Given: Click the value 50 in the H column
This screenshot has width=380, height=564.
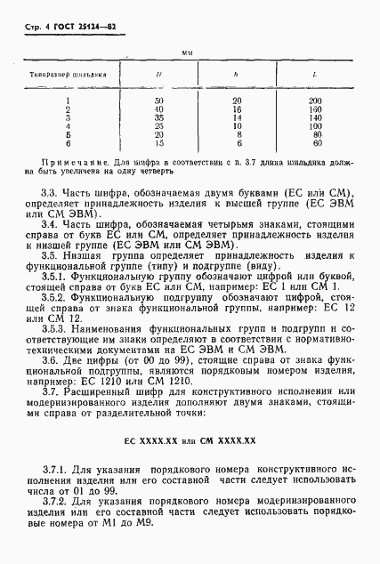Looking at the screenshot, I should tap(158, 101).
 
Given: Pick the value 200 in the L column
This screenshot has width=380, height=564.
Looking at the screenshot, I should tap(314, 101).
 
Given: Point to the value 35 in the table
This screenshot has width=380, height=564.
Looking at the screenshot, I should tap(158, 116).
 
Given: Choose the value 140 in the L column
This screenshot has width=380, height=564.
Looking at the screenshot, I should tap(314, 116).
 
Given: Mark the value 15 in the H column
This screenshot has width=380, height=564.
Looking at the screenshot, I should tap(158, 141).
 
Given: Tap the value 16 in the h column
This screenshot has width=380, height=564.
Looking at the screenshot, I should tap(236, 109).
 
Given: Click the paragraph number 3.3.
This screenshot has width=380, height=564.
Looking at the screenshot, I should tap(52, 193).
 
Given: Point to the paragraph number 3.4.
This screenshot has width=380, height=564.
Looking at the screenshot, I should tap(52, 227).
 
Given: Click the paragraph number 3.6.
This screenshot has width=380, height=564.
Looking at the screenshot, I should tap(52, 360).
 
